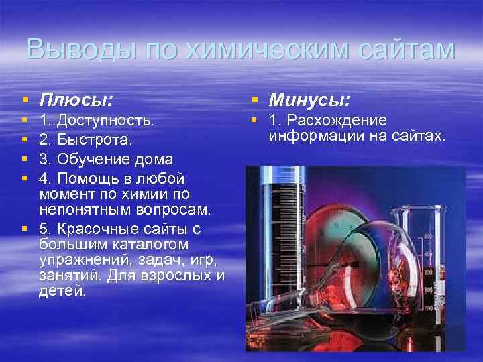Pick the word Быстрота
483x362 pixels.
[x=95, y=141]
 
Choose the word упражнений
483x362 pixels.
[x=79, y=259]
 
